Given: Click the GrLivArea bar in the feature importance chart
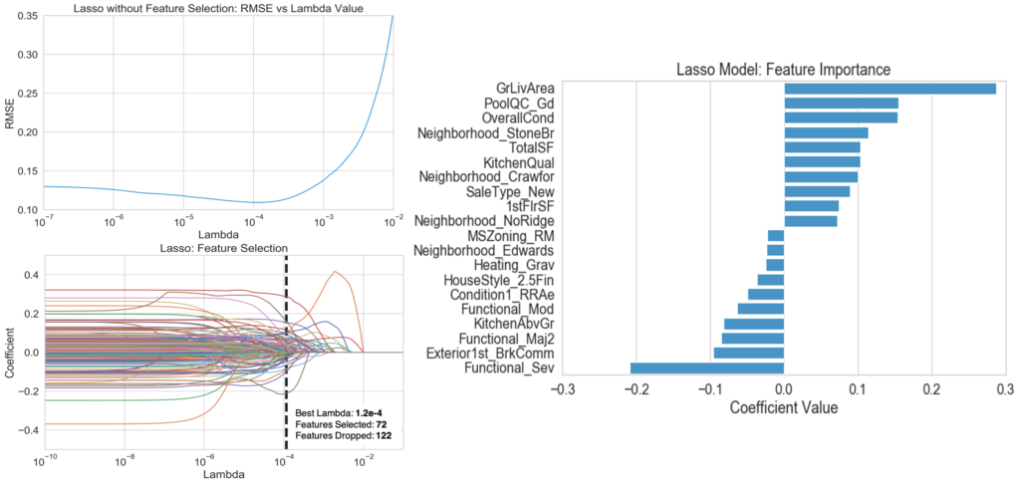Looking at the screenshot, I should tap(890, 89).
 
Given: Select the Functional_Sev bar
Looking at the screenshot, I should tap(707, 369).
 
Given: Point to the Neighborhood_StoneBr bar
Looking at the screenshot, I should tap(826, 132).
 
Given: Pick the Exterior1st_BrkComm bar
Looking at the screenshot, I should tap(749, 354).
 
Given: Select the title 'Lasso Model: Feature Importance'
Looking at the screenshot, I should tap(783, 70).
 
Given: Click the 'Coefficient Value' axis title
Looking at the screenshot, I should tap(784, 407).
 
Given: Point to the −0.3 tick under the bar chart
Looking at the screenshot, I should tap(562, 387).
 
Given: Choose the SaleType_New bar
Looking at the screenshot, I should tap(817, 191).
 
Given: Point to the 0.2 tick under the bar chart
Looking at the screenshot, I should tap(931, 387).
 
